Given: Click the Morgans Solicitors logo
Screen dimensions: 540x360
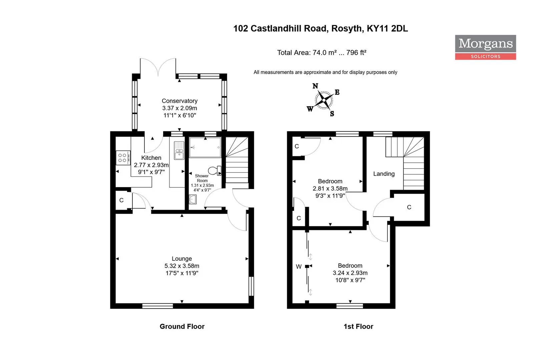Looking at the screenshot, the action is pyautogui.click(x=485, y=47).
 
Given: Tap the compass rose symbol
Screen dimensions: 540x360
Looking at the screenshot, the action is pyautogui.click(x=324, y=100).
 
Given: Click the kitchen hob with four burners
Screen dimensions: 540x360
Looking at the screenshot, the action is pyautogui.click(x=123, y=158).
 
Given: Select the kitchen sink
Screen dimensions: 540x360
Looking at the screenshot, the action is pyautogui.click(x=179, y=150).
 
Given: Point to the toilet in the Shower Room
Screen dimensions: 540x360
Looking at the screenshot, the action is pyautogui.click(x=214, y=171).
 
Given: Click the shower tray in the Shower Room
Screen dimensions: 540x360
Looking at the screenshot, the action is pyautogui.click(x=205, y=147).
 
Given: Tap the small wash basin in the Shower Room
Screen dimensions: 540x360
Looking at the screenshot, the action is pyautogui.click(x=192, y=199).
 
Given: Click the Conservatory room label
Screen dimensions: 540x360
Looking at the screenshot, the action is pyautogui.click(x=179, y=101).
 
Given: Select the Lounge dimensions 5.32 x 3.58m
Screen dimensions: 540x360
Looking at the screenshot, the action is pyautogui.click(x=182, y=266).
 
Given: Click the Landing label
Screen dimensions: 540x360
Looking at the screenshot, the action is pyautogui.click(x=384, y=174).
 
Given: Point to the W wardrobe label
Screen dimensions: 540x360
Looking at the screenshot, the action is pyautogui.click(x=299, y=267).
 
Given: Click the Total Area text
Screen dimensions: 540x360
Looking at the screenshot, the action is pyautogui.click(x=322, y=53).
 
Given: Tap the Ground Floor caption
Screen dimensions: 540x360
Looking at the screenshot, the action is pyautogui.click(x=182, y=326).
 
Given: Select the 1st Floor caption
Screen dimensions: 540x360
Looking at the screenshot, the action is pyautogui.click(x=358, y=326).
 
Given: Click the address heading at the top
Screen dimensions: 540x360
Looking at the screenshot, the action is pyautogui.click(x=321, y=28).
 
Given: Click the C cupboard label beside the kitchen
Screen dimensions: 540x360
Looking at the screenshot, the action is pyautogui.click(x=121, y=200).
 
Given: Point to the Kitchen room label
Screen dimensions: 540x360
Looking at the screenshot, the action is pyautogui.click(x=151, y=158).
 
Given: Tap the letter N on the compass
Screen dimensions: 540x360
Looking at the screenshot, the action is pyautogui.click(x=315, y=86).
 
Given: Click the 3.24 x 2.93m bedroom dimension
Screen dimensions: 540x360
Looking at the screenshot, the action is pyautogui.click(x=350, y=273).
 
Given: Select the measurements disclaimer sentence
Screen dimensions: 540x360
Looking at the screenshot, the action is pyautogui.click(x=325, y=72).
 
